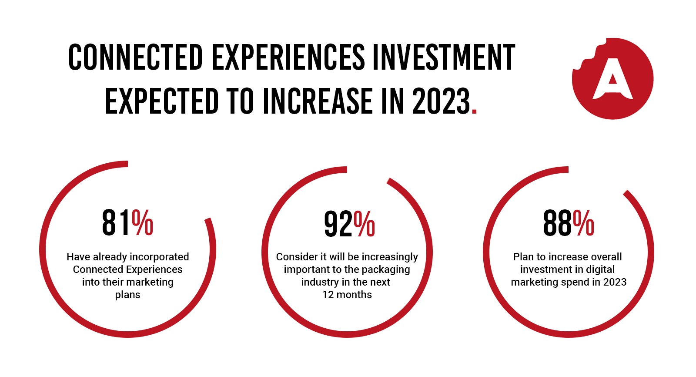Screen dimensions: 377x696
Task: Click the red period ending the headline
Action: click(474, 111)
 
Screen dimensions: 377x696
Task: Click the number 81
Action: click(116, 223)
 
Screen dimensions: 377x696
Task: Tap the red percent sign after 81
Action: click(143, 223)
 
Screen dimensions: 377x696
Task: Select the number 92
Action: click(338, 224)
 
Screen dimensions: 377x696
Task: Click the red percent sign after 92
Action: click(365, 224)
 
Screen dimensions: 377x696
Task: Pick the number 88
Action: click(557, 223)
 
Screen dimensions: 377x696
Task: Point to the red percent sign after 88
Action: click(584, 223)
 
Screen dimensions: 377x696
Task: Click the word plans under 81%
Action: click(127, 295)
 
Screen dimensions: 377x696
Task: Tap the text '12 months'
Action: click(347, 295)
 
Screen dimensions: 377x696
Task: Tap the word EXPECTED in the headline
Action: click(162, 101)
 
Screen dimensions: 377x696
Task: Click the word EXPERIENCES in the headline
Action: click(288, 57)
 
